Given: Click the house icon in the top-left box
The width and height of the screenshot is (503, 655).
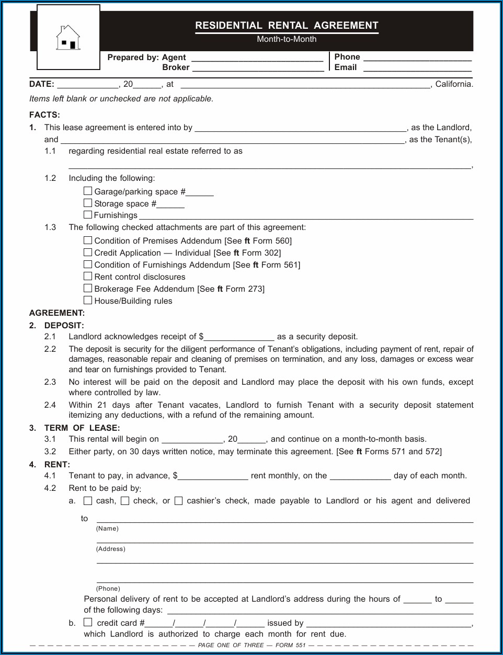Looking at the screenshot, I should (x=68, y=38).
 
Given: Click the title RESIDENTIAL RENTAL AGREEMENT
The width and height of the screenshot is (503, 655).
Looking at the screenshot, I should (x=287, y=26).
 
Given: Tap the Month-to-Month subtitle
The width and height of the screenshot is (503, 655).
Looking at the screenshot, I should (x=287, y=39).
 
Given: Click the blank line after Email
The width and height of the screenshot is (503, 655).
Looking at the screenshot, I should (x=417, y=68).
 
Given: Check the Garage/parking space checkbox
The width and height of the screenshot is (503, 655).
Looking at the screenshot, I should (x=88, y=191).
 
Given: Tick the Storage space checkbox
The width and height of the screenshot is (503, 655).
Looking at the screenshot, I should (x=88, y=203).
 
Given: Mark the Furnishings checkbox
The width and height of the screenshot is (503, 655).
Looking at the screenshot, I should (x=88, y=215).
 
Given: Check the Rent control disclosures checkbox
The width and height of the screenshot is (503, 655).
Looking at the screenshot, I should (x=88, y=277).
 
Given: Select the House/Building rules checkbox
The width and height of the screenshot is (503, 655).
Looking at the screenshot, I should (x=88, y=301).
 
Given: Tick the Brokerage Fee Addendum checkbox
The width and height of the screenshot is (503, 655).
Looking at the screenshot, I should (x=88, y=289).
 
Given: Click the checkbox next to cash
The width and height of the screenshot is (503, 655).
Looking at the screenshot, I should (x=88, y=501).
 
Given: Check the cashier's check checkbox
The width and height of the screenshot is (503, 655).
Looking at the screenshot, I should (x=178, y=501).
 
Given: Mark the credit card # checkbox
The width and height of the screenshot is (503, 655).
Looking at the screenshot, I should (x=88, y=623).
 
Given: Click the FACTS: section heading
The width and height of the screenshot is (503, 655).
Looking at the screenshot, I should (x=44, y=115).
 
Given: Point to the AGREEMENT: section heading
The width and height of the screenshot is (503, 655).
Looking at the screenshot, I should (x=57, y=313).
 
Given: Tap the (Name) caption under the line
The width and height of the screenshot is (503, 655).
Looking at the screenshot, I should (x=107, y=528).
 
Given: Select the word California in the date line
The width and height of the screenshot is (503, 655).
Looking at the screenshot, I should (x=453, y=84).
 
